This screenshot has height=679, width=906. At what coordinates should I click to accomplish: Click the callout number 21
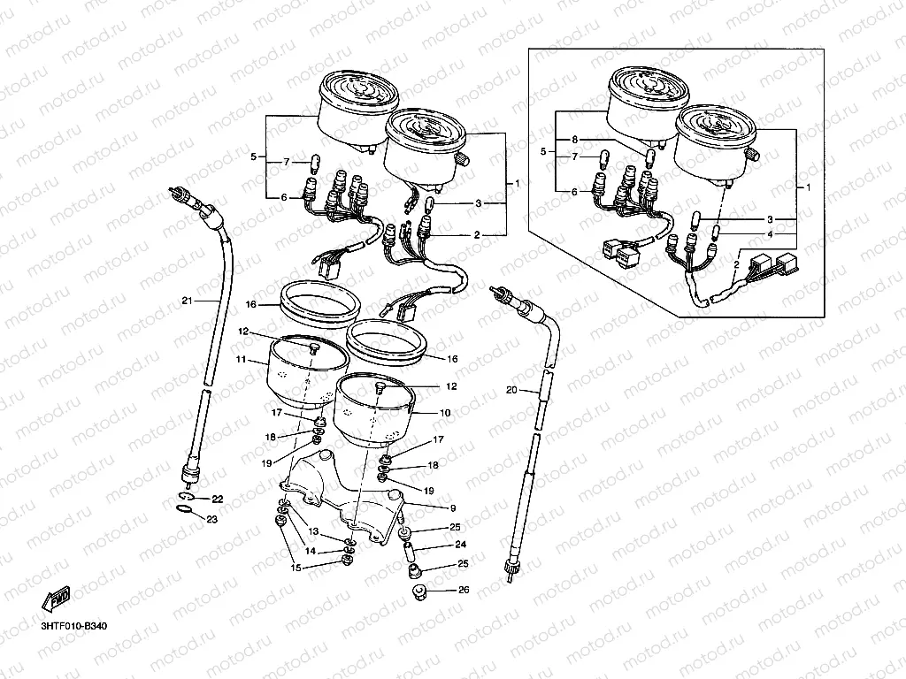[x=187, y=301]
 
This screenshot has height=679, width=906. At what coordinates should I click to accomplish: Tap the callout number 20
[x=511, y=390]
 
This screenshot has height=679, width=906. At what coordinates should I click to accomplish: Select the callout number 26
[x=464, y=590]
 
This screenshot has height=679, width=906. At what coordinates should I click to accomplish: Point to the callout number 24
[x=460, y=544]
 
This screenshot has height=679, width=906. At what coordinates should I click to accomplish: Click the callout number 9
[x=453, y=508]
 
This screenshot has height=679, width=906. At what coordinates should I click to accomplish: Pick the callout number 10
[x=445, y=413]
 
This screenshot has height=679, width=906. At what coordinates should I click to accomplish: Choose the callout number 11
[x=241, y=359]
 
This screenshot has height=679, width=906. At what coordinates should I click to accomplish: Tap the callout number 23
[x=212, y=520]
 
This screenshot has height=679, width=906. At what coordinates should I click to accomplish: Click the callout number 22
[x=217, y=499]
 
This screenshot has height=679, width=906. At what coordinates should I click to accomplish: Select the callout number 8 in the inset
[x=574, y=140]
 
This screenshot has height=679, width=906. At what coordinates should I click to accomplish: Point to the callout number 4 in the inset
[x=770, y=234]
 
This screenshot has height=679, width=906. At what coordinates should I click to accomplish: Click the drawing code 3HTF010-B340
[x=74, y=627]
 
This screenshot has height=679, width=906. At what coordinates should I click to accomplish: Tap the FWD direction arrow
[x=56, y=599]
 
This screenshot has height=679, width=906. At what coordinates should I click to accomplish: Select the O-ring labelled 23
[x=184, y=508]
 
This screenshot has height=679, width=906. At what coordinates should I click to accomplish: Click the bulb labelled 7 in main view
[x=316, y=163]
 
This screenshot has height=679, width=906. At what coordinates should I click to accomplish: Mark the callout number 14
[x=311, y=551]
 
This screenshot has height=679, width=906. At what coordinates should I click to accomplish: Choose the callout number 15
[x=296, y=568]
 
